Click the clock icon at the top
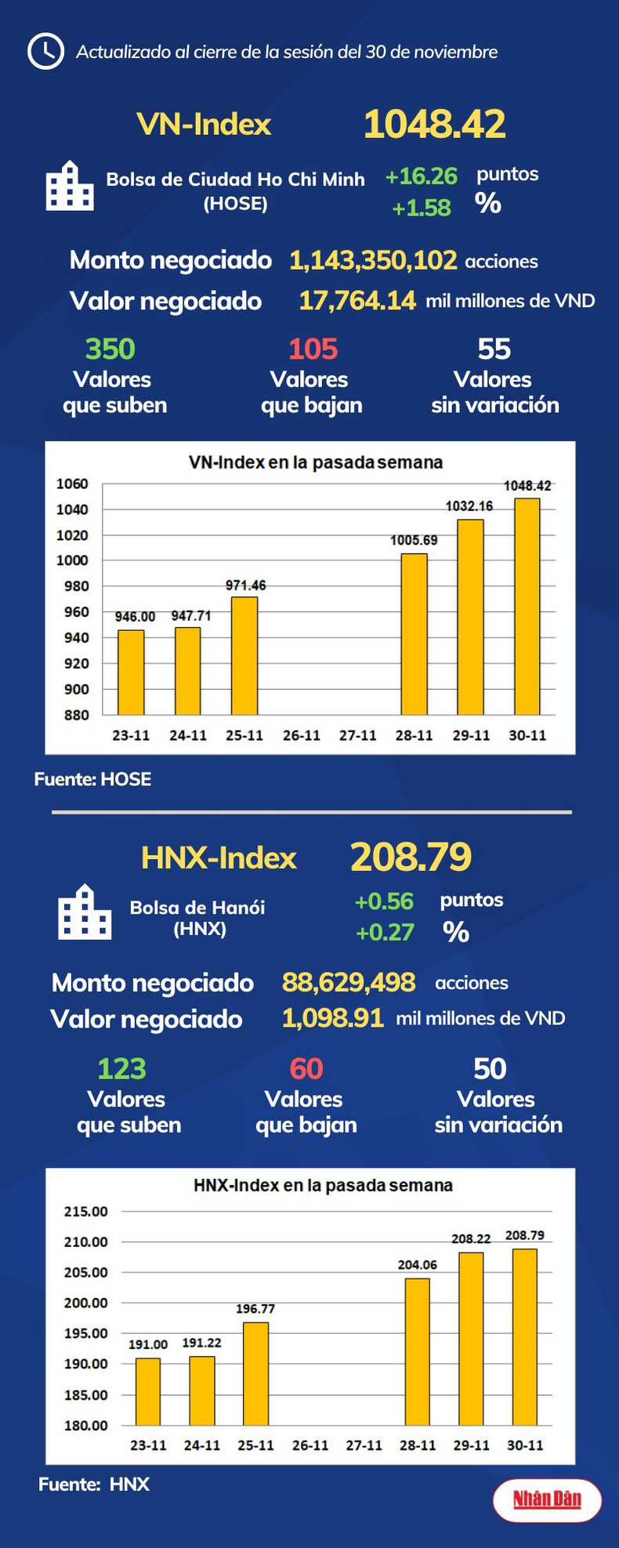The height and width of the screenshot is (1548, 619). [x=45, y=52]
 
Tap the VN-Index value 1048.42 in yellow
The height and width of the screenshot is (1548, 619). [x=434, y=125]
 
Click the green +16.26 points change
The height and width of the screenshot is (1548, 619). [x=421, y=176]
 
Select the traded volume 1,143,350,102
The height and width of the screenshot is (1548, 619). [x=373, y=260]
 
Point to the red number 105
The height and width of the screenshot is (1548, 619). [x=313, y=349]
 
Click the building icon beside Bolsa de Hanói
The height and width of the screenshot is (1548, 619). [x=85, y=912]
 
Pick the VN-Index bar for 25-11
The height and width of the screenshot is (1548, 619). [x=244, y=655]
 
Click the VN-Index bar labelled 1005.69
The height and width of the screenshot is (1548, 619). [x=414, y=634]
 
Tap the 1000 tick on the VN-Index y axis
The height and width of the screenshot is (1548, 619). [x=72, y=560]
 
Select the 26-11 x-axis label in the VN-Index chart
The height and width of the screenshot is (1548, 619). [x=302, y=735]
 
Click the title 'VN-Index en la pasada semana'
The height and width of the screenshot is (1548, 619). [x=316, y=462]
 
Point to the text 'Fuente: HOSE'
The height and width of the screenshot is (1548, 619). [x=92, y=779]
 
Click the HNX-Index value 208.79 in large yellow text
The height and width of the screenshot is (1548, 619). [x=411, y=857]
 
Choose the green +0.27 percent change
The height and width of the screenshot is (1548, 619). [x=385, y=933]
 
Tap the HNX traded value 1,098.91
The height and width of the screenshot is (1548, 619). [x=332, y=1018]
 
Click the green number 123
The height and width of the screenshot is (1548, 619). [x=121, y=1069]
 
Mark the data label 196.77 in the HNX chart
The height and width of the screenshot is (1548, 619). [x=255, y=1309]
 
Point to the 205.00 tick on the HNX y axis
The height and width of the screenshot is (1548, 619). [x=86, y=1272]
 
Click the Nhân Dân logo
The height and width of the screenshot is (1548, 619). [x=547, y=1500]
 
